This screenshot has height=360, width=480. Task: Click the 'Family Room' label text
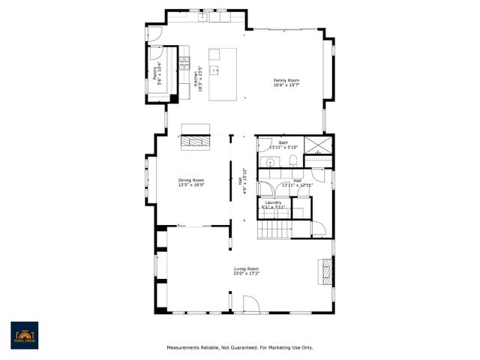point(286,80)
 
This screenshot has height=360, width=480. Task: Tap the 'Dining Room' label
point(191,180)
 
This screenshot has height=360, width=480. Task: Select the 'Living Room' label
point(246,268)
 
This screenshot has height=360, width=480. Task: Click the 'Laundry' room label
point(273,202)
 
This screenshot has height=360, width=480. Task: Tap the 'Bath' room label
point(283,142)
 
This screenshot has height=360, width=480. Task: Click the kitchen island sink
point(215,71)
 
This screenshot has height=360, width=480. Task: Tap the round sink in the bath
point(269,161)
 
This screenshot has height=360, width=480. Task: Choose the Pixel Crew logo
point(24,335)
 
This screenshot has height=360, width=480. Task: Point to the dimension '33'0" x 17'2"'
point(246,274)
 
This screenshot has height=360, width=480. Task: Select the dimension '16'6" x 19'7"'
point(286,85)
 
